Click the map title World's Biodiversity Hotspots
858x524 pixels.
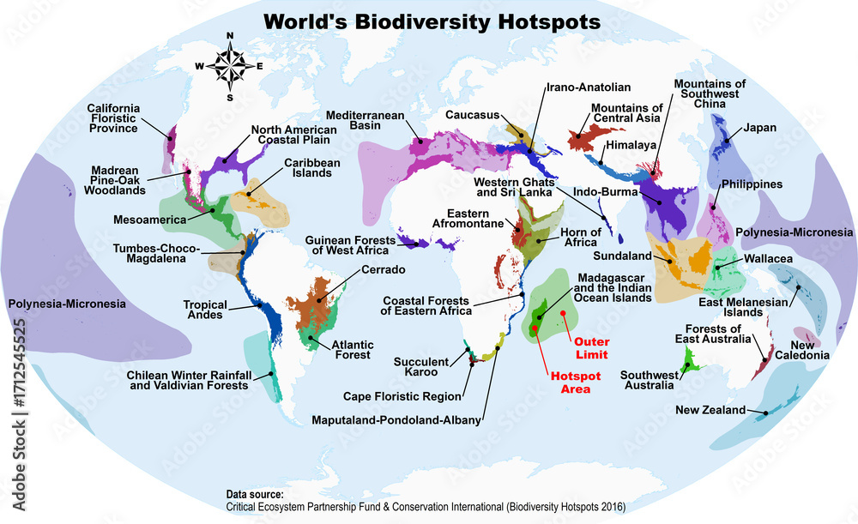[x=432, y=21]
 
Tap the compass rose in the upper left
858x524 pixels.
[x=229, y=65]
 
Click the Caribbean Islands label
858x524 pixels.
[x=312, y=168]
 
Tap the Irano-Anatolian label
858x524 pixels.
[x=588, y=87]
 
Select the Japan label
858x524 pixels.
[x=759, y=128]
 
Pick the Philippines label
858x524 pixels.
[x=752, y=184]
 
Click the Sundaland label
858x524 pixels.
[x=620, y=256]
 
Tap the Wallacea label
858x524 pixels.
[x=770, y=257]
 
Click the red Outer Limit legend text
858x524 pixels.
[x=591, y=348]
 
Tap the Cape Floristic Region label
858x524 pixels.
[x=402, y=396]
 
